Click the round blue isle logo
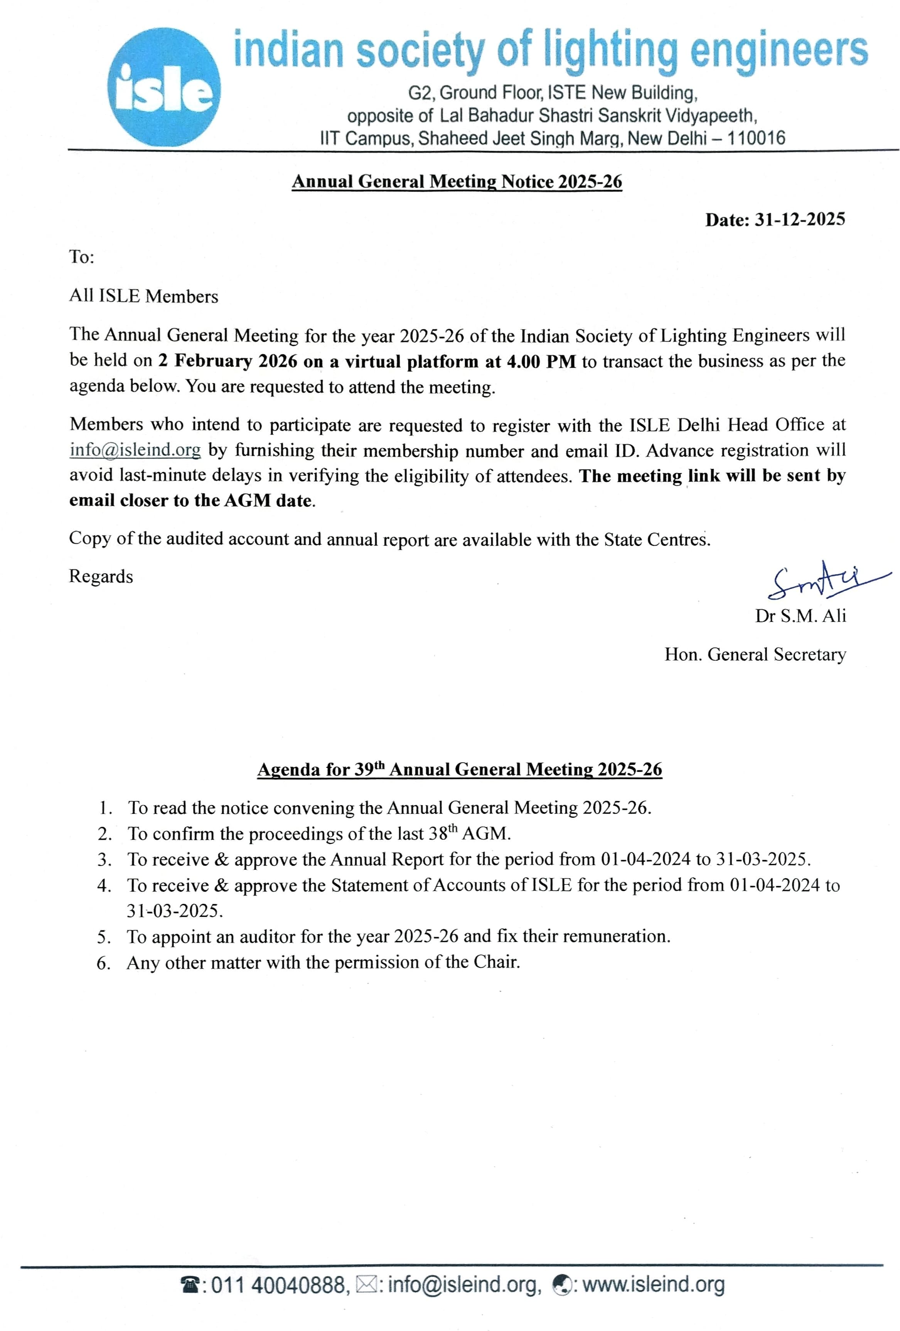tap(164, 86)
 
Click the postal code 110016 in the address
tap(756, 138)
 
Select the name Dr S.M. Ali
tap(800, 616)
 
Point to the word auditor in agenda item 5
tap(267, 937)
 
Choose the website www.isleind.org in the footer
tap(653, 1285)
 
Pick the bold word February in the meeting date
tap(213, 361)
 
